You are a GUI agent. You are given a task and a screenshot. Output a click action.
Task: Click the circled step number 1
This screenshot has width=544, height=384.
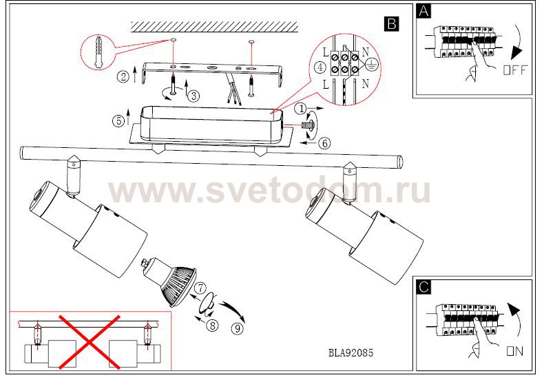tap(301, 109)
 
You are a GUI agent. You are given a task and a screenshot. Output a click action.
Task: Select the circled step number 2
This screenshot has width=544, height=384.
tap(123, 76)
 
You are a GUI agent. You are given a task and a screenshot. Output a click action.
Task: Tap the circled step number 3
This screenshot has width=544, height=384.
tap(193, 96)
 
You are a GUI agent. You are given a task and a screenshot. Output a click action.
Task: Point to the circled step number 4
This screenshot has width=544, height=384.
tap(320, 67)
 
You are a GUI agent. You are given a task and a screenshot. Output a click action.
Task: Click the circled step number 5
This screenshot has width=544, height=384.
tap(118, 121)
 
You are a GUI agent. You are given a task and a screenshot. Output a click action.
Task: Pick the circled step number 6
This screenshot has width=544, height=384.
tap(325, 142)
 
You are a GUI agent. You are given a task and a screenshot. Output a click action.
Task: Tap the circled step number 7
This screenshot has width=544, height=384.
tap(200, 288)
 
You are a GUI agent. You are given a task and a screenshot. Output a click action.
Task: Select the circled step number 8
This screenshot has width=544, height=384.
tap(212, 325)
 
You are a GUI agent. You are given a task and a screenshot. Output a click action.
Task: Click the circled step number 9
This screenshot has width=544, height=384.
tap(238, 328)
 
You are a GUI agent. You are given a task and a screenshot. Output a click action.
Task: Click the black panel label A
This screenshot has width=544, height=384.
tap(423, 11)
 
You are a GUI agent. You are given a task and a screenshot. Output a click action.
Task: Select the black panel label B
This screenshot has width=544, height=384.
tap(392, 24)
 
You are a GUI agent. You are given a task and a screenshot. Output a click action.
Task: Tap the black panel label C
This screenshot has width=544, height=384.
tap(423, 287)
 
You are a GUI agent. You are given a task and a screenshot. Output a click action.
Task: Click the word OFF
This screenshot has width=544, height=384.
tap(515, 70)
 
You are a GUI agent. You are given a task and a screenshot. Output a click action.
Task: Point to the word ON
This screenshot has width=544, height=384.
tap(515, 352)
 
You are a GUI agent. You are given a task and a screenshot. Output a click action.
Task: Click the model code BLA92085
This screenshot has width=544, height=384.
tap(351, 353)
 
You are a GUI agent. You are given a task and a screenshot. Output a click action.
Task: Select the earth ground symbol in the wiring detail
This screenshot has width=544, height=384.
tap(371, 65)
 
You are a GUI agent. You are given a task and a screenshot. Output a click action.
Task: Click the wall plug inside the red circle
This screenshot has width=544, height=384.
tap(99, 52)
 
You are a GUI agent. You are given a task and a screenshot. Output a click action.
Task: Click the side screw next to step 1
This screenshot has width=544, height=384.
tap(308, 125)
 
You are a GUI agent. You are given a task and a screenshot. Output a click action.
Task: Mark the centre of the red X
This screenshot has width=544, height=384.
tap(90, 342)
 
